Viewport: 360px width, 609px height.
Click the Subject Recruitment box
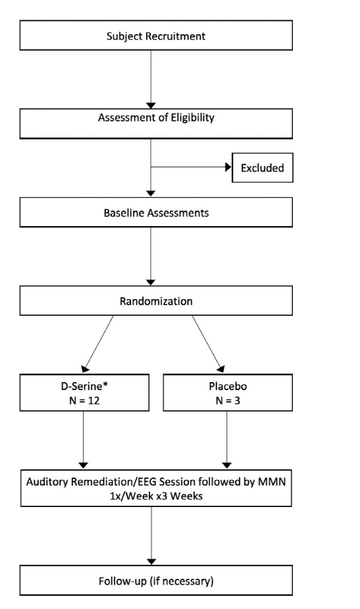tap(156, 36)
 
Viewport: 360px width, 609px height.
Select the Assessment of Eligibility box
tap(156, 124)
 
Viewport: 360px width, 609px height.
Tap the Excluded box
tap(263, 168)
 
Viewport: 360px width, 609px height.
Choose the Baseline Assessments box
tap(156, 212)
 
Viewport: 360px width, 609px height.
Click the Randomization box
tap(156, 301)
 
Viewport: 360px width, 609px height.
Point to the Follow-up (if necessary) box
tap(156, 580)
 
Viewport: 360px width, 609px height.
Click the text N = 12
tap(84, 401)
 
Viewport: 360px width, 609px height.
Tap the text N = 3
tap(228, 401)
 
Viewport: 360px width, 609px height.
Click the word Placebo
tap(228, 387)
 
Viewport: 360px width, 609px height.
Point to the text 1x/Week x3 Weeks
tap(156, 496)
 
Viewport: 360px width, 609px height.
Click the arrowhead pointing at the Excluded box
tap(228, 167)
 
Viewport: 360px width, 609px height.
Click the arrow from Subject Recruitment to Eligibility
tap(151, 80)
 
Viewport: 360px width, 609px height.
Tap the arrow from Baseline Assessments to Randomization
tap(151, 256)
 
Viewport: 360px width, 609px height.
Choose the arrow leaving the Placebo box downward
tap(227, 440)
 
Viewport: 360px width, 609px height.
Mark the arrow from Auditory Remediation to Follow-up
tap(151, 536)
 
